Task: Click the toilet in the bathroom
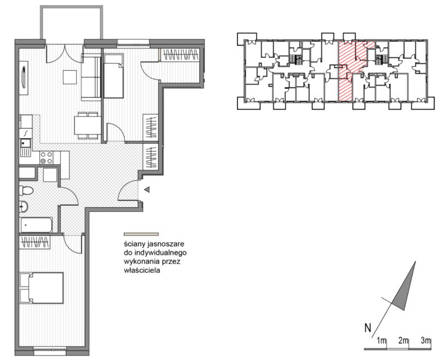point(26,190)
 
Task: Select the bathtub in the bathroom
point(36,225)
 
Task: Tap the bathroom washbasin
point(24,207)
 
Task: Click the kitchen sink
point(26,148)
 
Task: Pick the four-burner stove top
point(47,157)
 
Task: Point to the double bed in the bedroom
point(41,288)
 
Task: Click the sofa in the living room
point(91,76)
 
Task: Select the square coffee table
point(70,77)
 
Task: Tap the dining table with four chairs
point(87,125)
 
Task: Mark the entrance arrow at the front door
point(147,190)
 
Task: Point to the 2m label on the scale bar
point(403,340)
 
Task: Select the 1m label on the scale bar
point(382,340)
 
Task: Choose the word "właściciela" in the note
point(142,271)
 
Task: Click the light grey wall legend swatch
point(141,234)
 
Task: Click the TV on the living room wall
point(24,76)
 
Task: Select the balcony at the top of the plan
point(71,22)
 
